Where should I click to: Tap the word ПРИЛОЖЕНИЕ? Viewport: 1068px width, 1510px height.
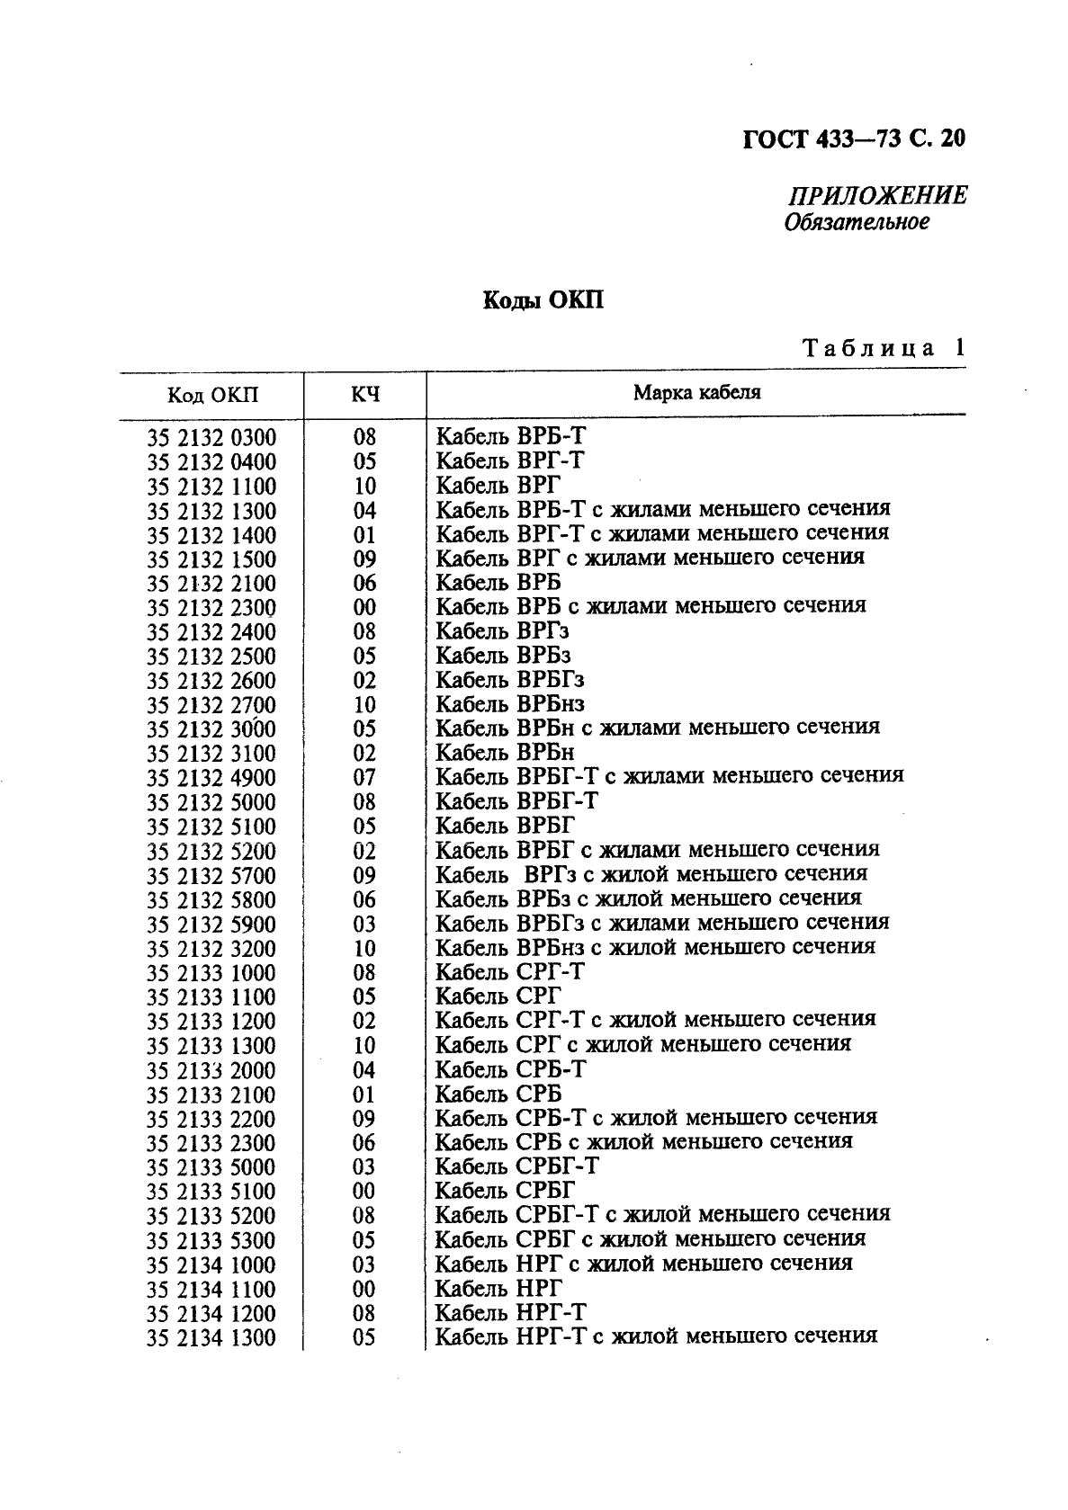tap(877, 195)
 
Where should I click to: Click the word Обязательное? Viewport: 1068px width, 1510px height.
tap(856, 221)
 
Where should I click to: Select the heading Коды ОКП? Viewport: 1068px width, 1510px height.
tap(543, 299)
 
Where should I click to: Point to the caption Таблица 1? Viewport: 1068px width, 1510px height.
tap(883, 347)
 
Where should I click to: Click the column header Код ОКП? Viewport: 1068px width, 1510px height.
tap(212, 395)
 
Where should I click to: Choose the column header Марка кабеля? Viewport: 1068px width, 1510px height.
tap(696, 392)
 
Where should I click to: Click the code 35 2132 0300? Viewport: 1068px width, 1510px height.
tap(211, 438)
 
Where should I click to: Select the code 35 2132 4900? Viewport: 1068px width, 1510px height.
tap(211, 778)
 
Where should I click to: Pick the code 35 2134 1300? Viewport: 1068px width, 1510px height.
tap(211, 1338)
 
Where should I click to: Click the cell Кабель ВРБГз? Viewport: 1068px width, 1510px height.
tap(509, 680)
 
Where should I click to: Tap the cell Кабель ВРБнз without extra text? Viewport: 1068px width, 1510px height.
tap(510, 704)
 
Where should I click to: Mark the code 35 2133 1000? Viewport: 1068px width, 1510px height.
tap(211, 973)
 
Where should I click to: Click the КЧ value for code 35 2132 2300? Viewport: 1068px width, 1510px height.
tap(364, 608)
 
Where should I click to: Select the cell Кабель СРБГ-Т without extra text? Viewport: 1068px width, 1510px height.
tap(517, 1166)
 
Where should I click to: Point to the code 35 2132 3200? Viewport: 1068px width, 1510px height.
tap(211, 949)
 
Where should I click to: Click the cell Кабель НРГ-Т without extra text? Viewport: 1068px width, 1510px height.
tap(510, 1312)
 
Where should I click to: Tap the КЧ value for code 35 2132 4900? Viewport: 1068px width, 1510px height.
tap(364, 778)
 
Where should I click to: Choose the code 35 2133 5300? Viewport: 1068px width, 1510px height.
tap(211, 1241)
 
